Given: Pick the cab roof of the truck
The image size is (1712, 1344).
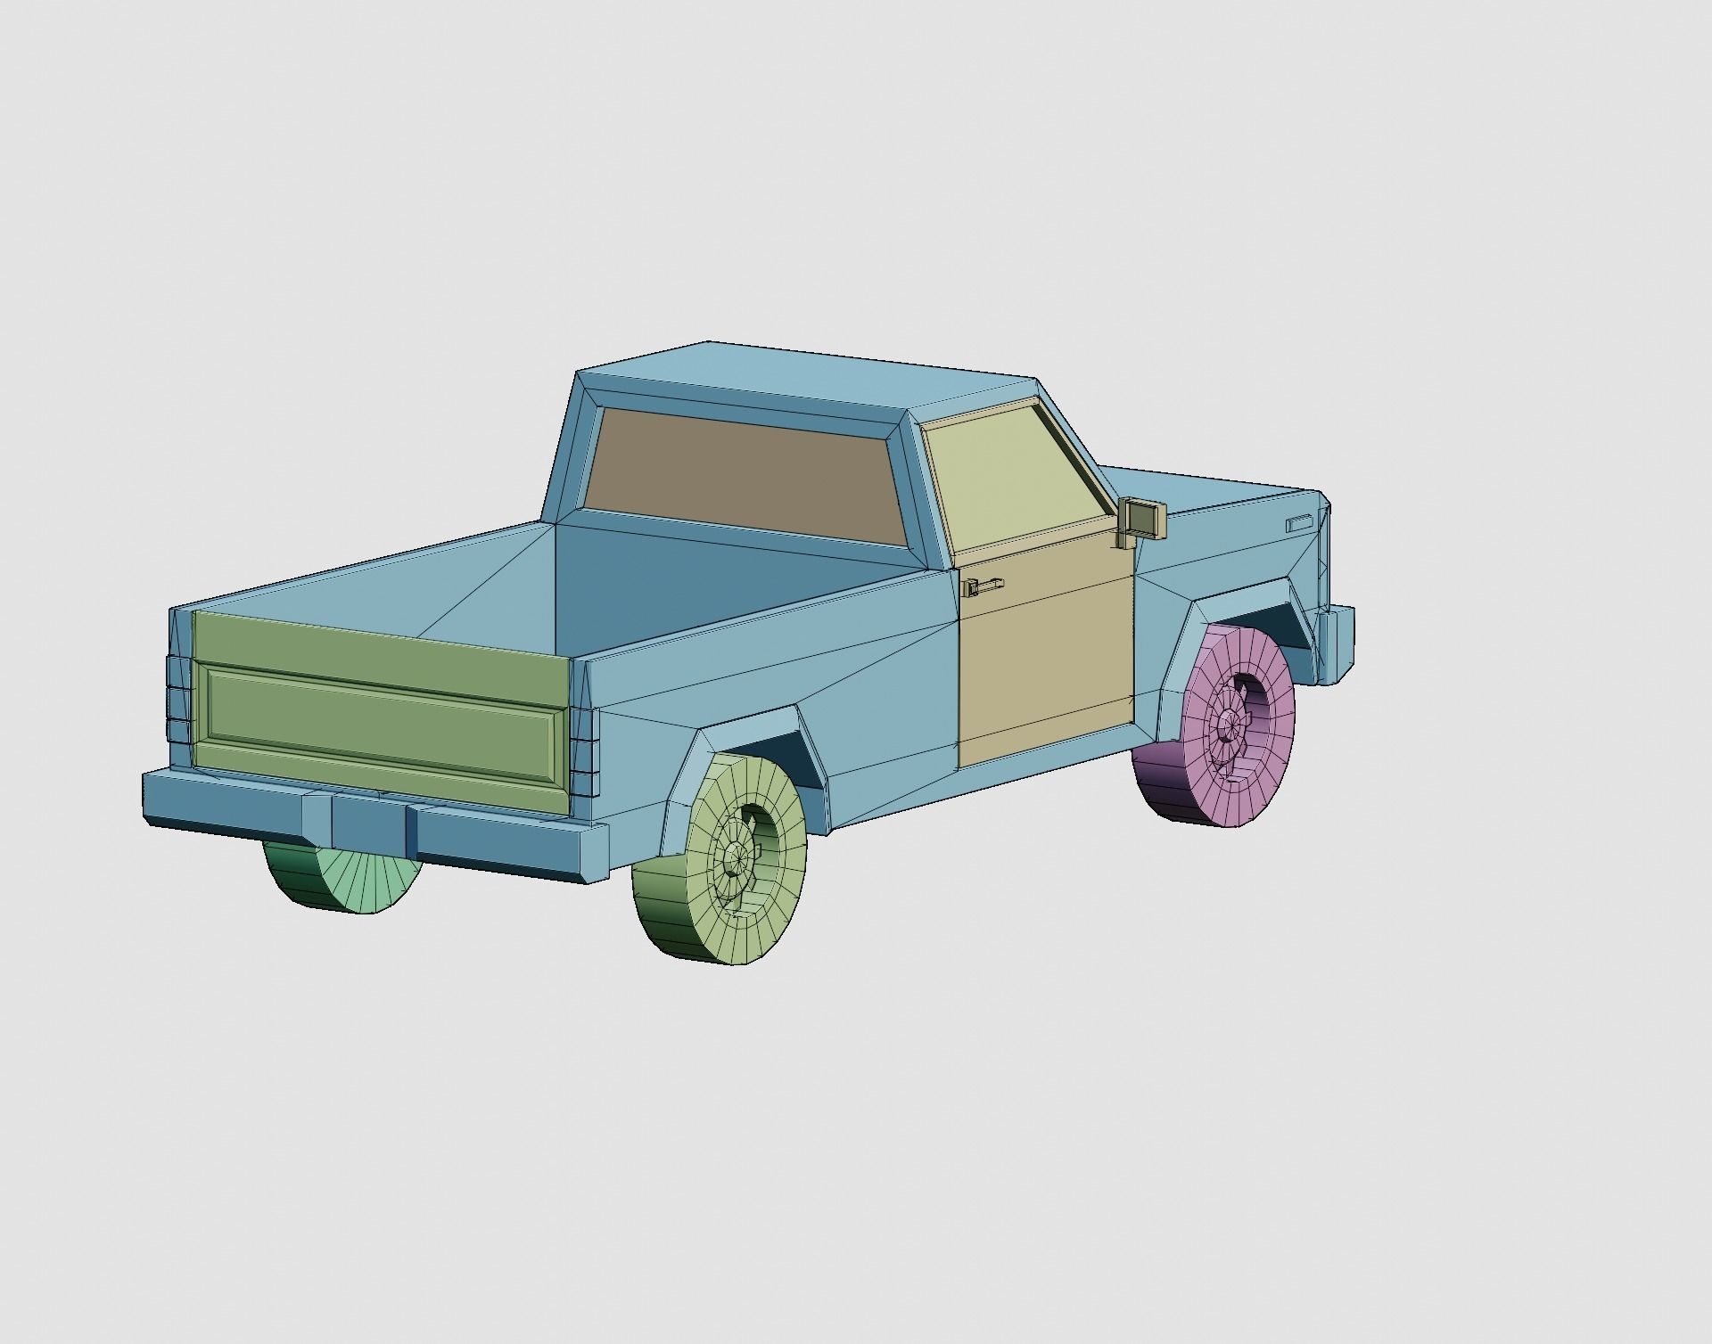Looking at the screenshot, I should coord(802,374).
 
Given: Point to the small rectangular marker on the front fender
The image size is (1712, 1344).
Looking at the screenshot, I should coord(1300,523).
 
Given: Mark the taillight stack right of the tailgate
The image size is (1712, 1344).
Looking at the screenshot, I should coord(583,753).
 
